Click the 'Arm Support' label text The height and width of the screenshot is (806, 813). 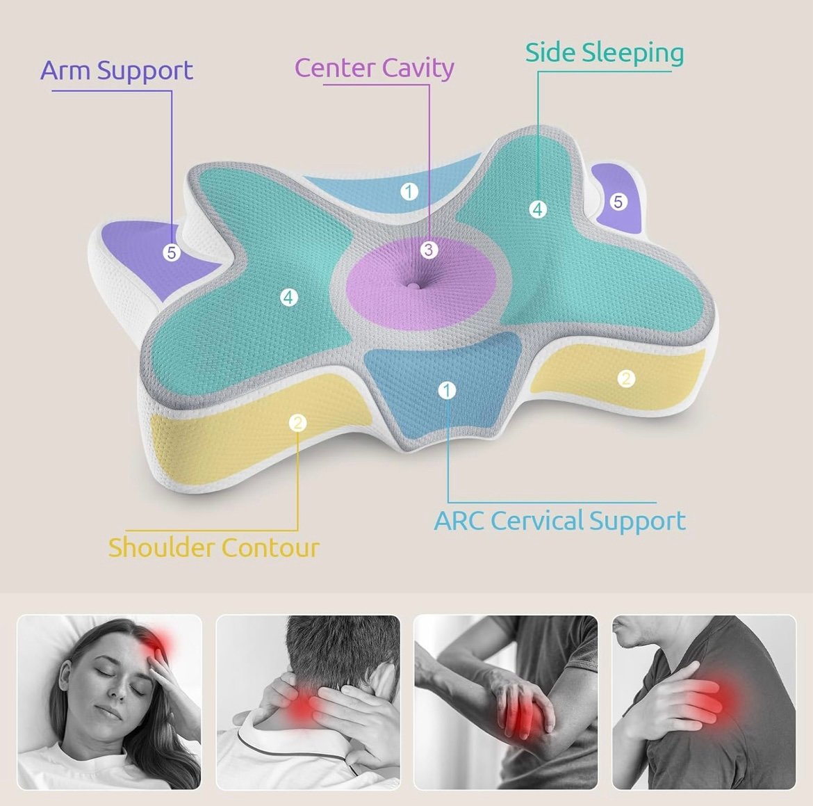click(x=117, y=70)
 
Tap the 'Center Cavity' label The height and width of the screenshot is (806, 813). click(x=375, y=68)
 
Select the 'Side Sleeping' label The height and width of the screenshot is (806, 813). click(x=605, y=53)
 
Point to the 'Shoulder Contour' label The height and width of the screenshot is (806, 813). click(x=213, y=548)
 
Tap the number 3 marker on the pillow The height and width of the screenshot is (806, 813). click(x=428, y=250)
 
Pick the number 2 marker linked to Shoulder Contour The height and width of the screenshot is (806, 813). click(x=297, y=423)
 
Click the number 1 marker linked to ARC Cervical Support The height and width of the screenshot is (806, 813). click(x=447, y=390)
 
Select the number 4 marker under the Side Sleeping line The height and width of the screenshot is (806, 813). click(x=538, y=209)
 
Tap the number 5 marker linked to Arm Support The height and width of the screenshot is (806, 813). click(x=171, y=252)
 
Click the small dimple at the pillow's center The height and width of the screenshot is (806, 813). click(x=412, y=285)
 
